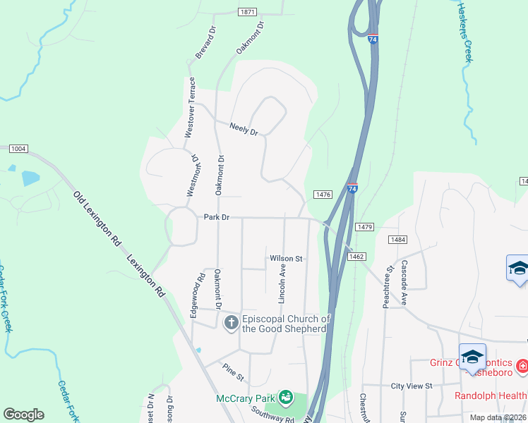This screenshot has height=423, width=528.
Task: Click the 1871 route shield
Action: click(247, 12)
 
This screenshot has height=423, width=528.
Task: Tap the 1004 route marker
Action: click(18, 148)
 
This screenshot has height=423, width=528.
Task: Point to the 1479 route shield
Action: click(365, 227)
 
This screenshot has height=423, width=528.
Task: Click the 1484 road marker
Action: click(397, 240)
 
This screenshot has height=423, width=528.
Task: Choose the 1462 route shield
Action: click(356, 257)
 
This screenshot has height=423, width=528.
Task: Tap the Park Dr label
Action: click(217, 218)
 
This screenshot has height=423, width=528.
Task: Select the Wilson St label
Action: click(286, 259)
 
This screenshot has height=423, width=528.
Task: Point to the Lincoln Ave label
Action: click(282, 284)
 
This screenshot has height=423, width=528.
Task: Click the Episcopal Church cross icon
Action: click(231, 324)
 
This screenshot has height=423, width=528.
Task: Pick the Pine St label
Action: click(233, 372)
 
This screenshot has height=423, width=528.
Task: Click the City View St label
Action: click(412, 386)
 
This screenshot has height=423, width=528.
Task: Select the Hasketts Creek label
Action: click(464, 32)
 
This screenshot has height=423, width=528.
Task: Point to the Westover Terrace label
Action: click(190, 107)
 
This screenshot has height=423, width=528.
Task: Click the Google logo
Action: click(23, 415)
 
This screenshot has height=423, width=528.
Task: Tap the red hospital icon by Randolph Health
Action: click(522, 367)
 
